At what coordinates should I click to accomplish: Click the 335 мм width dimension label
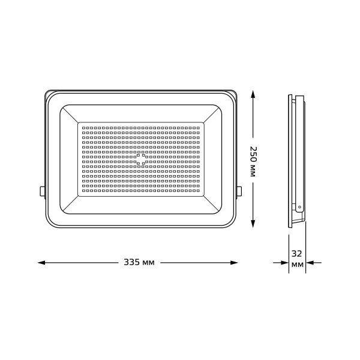pos(139,263)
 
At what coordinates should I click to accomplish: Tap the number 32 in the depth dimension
pos(296,253)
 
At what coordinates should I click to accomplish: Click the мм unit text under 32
pos(296,265)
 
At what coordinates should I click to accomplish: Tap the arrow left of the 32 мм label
pos(282,263)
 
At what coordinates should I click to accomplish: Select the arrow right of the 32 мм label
pos(312,263)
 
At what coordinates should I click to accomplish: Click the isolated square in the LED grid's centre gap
pos(142,158)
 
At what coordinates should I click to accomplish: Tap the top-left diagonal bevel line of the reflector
pos(70,114)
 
